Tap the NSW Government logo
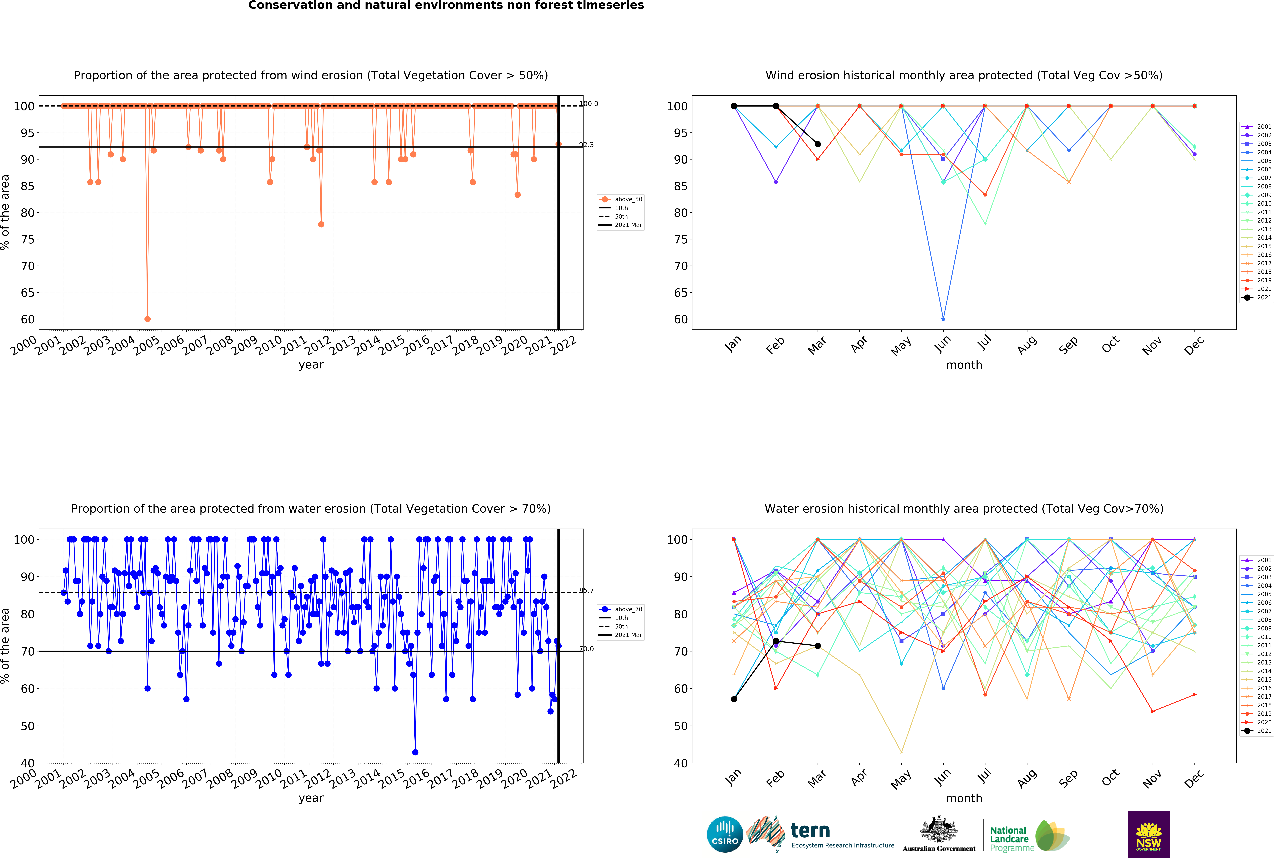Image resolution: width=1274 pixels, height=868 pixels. click(1148, 834)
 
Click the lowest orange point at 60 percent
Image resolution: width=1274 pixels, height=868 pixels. click(147, 319)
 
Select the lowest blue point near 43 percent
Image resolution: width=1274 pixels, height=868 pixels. click(415, 752)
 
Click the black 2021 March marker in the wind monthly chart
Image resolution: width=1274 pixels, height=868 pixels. click(817, 144)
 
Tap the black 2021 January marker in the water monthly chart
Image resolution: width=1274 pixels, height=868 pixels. click(734, 699)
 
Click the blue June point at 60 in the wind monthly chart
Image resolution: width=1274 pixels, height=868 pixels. click(943, 319)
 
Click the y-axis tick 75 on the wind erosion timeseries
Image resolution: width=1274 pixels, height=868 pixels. click(27, 240)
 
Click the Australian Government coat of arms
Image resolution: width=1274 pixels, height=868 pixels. click(939, 829)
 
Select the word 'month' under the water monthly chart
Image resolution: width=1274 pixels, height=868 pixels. click(964, 798)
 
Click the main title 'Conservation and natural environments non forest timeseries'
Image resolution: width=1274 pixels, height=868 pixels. click(446, 5)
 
